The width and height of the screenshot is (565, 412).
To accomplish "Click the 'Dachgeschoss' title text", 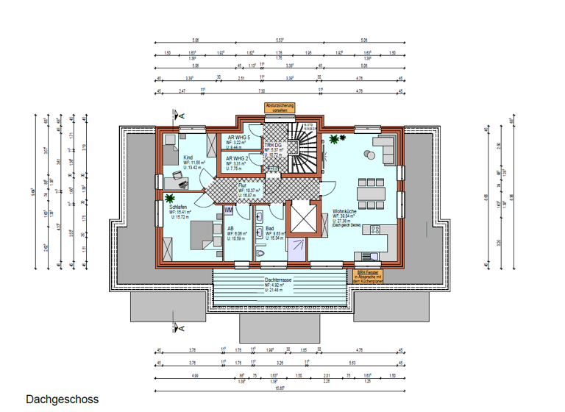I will coord(62,399).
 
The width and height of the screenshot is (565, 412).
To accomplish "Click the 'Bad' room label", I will coord(270,228).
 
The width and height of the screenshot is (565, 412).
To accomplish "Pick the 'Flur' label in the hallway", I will coord(241,185).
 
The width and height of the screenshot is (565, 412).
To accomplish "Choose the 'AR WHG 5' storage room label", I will coord(238,138).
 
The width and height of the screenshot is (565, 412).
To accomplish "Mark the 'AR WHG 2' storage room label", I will coord(237,157).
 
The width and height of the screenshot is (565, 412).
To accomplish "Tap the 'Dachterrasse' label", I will coord(280,280).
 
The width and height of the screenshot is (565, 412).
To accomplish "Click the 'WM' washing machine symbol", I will coord(229,211).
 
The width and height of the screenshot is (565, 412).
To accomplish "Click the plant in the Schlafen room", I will coord(170,197).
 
